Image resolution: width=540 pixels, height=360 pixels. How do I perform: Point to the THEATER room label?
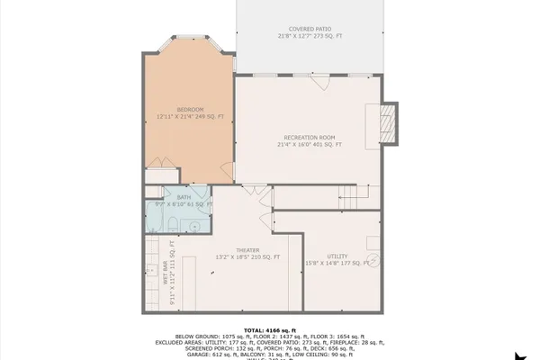[247, 249]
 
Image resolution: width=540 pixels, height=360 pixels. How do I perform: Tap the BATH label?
[184, 196]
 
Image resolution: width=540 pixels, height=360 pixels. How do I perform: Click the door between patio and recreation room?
[317, 82]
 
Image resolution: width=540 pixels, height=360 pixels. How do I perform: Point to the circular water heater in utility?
[376, 259]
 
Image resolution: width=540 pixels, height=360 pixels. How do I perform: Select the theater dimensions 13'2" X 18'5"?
[247, 257]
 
